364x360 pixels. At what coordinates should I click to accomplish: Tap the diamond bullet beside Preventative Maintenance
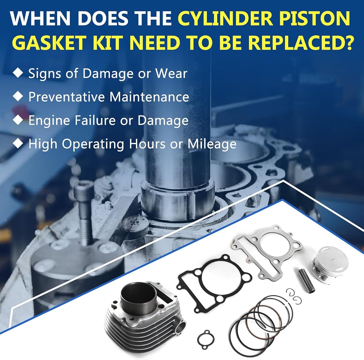pos(18,96)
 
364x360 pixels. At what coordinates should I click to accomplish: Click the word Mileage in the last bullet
pos(212,144)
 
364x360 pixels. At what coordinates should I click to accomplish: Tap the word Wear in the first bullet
pos(171,74)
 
